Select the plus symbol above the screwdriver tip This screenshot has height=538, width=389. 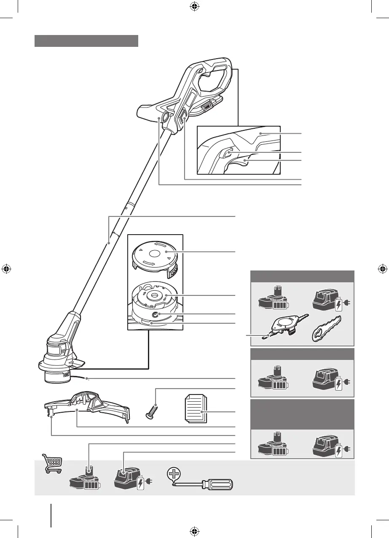pyautogui.click(x=173, y=474)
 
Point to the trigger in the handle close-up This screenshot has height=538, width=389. pyautogui.click(x=238, y=163)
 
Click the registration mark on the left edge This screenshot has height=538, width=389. pyautogui.click(x=7, y=269)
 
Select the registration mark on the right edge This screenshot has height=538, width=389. pyautogui.click(x=382, y=269)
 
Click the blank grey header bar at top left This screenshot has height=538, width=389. pyautogui.click(x=86, y=41)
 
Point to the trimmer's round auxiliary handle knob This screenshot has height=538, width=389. pyautogui.click(x=166, y=119)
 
